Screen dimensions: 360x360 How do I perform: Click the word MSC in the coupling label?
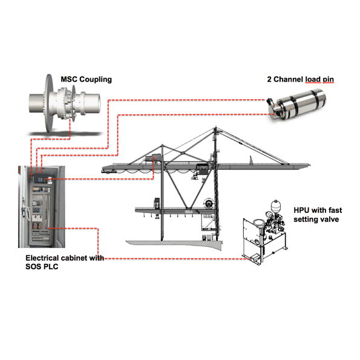pos(69,79)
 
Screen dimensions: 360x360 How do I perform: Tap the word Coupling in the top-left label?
pos(96,80)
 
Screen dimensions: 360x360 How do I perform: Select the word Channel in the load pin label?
pos(289,79)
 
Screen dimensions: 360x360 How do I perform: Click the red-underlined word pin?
pos(328,80)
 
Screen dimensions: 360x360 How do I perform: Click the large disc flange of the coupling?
pos(48,103)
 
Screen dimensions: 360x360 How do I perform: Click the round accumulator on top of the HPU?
pos(275,205)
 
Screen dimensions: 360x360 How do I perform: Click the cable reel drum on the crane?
pos(209,203)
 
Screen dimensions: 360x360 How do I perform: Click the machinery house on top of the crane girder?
pos(152,159)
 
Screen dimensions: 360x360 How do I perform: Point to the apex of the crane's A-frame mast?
pos(215,128)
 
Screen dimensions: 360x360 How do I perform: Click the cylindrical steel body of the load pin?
pos(301,104)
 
